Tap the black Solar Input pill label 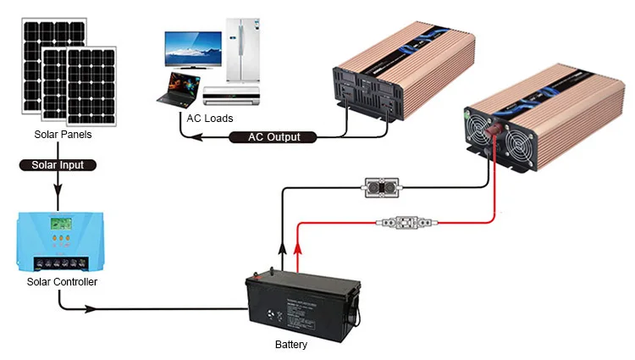(x=58, y=165)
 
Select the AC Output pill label (x=274, y=137)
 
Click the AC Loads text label (x=211, y=118)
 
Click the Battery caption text (x=291, y=345)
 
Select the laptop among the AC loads (x=179, y=88)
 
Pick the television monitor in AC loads (x=192, y=53)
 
